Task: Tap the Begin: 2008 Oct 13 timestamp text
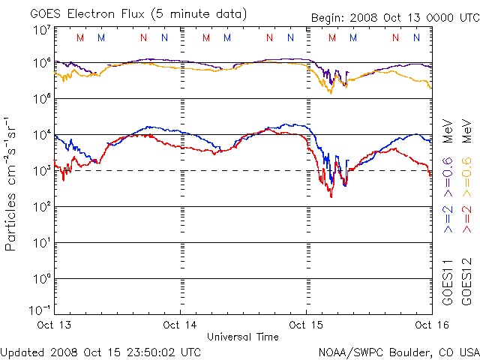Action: (x=382, y=18)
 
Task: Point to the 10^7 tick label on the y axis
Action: (x=41, y=31)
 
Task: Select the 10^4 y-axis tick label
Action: (x=41, y=134)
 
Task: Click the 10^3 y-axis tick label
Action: (x=41, y=170)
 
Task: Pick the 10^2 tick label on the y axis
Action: (x=41, y=206)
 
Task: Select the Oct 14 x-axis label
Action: (x=181, y=325)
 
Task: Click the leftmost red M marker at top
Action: (x=80, y=37)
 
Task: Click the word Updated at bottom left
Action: (x=22, y=351)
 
